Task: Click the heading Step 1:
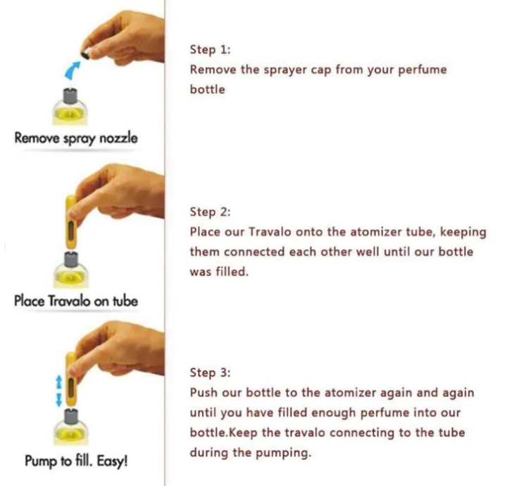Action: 210,49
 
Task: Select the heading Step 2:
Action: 210,212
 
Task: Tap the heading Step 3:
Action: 210,372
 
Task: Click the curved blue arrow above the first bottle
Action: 72,70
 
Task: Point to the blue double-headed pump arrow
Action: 58,390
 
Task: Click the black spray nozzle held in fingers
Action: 85,55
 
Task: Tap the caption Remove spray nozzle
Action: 76,138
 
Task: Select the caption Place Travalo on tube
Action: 76,301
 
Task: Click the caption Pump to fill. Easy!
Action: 76,461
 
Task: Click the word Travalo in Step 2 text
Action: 270,232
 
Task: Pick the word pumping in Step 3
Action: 283,453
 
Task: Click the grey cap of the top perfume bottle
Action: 70,95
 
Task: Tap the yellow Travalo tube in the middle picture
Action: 71,222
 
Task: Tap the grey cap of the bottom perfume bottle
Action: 71,417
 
